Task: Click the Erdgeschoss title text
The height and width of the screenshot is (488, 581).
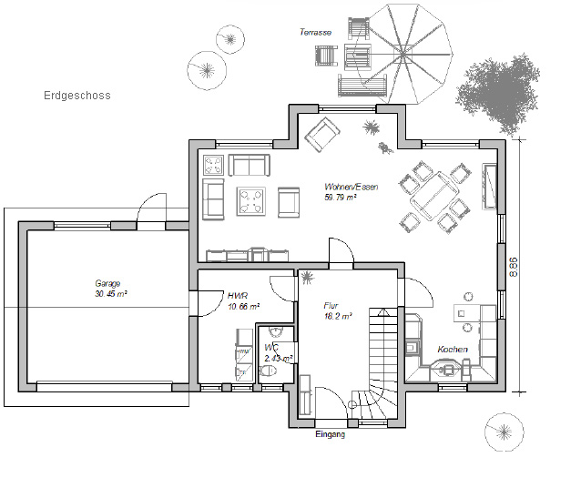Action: [77, 96]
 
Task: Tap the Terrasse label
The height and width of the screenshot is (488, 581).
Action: [315, 32]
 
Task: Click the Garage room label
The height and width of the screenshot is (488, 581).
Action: [107, 283]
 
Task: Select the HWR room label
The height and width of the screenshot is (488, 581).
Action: [238, 296]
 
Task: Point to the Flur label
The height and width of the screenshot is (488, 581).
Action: [331, 306]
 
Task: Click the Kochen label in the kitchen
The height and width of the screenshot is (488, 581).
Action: [453, 349]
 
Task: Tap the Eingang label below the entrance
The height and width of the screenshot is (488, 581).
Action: [331, 434]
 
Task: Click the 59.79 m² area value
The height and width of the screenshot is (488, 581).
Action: [341, 198]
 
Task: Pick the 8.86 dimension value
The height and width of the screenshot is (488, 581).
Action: [514, 267]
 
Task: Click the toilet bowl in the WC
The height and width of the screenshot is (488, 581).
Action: [268, 371]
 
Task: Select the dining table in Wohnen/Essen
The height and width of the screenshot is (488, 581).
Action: [434, 196]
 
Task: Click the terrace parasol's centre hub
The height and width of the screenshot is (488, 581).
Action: [403, 55]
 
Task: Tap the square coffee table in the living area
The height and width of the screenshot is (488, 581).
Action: [251, 201]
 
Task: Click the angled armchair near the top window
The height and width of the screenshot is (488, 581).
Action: [322, 134]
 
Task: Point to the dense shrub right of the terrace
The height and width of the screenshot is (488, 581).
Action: [497, 93]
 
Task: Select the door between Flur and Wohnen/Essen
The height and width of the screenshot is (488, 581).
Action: [341, 252]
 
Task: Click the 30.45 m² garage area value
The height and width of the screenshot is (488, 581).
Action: [111, 294]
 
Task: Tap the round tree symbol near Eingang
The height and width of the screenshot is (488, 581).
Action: [505, 432]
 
